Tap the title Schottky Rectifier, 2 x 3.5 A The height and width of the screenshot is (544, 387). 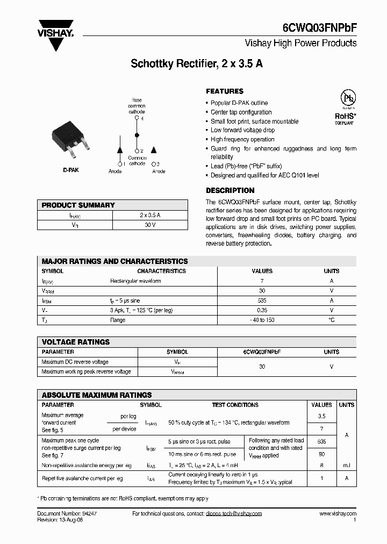pyautogui.click(x=197, y=63)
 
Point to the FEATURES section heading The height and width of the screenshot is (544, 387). pyautogui.click(x=225, y=91)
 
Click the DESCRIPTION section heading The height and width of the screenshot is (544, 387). pyautogui.click(x=230, y=190)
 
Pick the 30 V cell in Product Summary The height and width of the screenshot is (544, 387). pyautogui.click(x=150, y=225)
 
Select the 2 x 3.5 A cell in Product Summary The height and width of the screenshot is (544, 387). pyautogui.click(x=150, y=215)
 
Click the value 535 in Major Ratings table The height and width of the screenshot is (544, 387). pyautogui.click(x=262, y=300)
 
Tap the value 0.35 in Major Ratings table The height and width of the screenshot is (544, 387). pyautogui.click(x=262, y=310)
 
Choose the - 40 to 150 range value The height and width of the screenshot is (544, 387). pyautogui.click(x=262, y=320)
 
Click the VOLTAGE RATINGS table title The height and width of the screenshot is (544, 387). pyautogui.click(x=76, y=342)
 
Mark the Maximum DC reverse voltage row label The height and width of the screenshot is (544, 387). pyautogui.click(x=75, y=362)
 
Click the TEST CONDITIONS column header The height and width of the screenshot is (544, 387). pyautogui.click(x=235, y=405)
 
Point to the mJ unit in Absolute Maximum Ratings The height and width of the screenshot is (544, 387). pyautogui.click(x=347, y=466)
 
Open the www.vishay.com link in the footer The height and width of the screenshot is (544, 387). pyautogui.click(x=338, y=513)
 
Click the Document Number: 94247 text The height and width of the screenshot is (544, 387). pyautogui.click(x=67, y=513)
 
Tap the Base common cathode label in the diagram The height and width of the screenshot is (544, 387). pyautogui.click(x=137, y=106)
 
